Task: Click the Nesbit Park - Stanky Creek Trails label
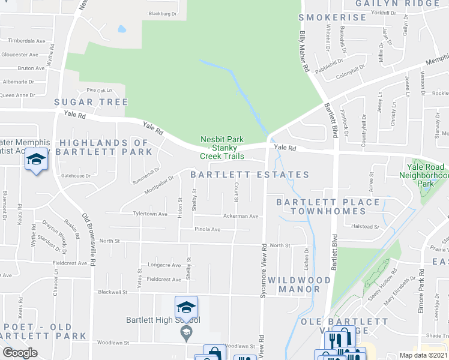coord(223,148)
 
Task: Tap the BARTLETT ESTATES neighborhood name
coord(250,175)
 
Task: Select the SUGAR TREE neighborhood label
coord(91,102)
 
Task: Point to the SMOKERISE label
coord(332,17)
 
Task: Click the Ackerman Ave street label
coord(240,217)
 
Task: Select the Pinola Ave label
coord(207,229)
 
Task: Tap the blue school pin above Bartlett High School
coord(186,308)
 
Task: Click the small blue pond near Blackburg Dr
coord(122,28)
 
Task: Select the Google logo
coord(20,352)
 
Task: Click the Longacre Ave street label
coord(164,265)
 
